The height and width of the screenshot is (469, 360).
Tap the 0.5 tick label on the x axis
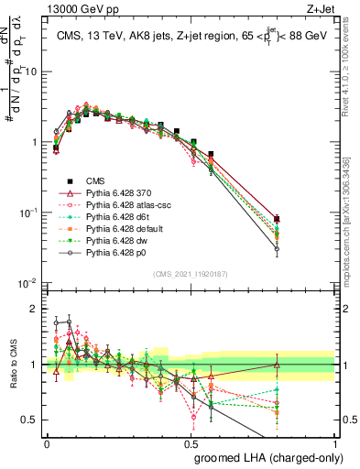coord(191,444)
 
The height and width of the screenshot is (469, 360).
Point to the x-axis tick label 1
coord(336,444)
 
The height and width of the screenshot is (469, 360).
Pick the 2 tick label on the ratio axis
coord(35,309)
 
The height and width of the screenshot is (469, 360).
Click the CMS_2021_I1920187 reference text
coord(191,273)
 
